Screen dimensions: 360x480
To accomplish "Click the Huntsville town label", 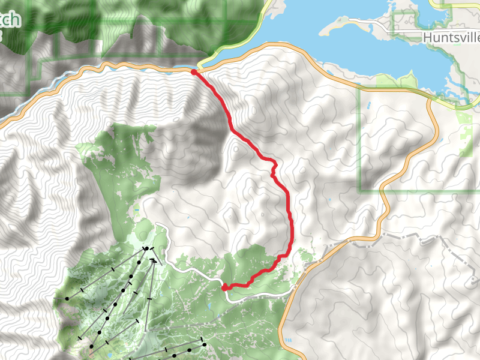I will point(451,37).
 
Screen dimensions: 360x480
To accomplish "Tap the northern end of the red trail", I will point(193,72).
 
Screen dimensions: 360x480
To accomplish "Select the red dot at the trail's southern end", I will point(225,287).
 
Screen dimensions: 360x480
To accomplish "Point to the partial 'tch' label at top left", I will point(10,19).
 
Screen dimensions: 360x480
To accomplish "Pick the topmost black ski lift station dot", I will point(146,248).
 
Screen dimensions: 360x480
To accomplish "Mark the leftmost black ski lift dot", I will point(67,298).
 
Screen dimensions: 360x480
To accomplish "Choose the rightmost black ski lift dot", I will point(203,344).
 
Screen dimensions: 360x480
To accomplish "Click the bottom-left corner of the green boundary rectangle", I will point(360,191).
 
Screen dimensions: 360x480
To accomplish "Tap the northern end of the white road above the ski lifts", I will point(157,224).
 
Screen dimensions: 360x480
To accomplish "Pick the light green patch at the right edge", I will point(465,126).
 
